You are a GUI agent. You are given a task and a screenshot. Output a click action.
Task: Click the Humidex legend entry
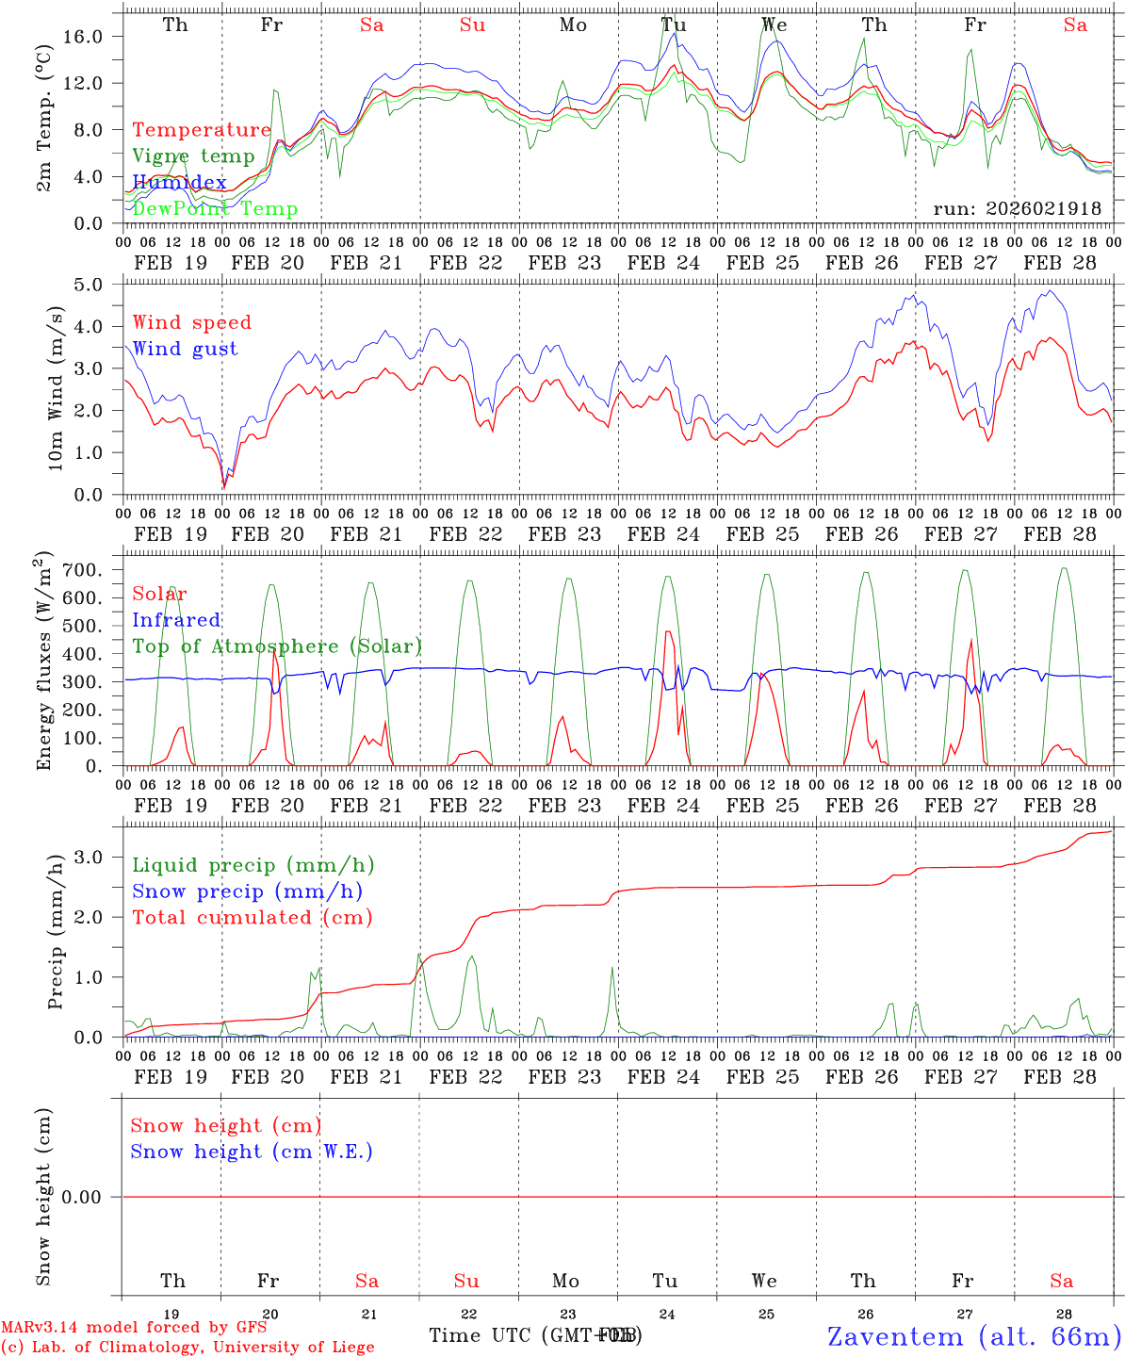tap(179, 183)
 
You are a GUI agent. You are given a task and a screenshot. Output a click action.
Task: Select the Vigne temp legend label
tap(193, 156)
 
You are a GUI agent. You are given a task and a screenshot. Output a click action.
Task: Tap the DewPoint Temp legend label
tap(215, 209)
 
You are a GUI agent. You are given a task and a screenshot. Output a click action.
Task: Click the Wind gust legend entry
tap(185, 349)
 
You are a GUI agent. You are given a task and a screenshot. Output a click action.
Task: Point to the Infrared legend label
tap(176, 620)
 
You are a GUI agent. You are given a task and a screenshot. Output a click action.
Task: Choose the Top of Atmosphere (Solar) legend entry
tap(277, 646)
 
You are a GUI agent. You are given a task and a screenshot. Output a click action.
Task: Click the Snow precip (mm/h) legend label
tap(247, 891)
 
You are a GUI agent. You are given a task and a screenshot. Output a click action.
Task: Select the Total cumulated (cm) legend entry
tap(252, 917)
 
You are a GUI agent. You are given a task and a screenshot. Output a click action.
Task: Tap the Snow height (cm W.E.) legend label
tap(252, 1152)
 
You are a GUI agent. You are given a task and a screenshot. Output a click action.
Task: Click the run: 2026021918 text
tap(1017, 209)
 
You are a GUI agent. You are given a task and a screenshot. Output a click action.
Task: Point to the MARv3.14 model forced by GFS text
tap(134, 1328)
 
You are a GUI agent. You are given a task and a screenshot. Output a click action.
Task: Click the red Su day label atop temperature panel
tap(472, 25)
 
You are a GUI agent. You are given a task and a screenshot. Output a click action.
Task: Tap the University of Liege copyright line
tap(187, 1348)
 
